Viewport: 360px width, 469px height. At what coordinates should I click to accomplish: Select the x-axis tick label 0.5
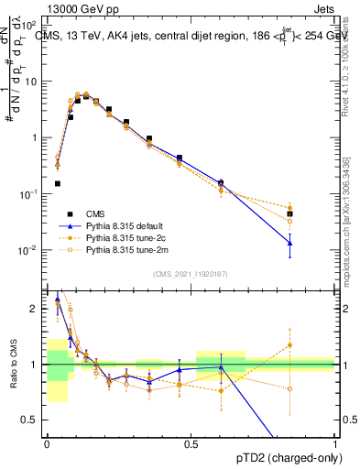click(x=191, y=443)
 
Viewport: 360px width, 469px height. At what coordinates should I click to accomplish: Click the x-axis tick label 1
click(x=335, y=443)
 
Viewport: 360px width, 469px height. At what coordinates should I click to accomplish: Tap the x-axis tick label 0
click(x=47, y=443)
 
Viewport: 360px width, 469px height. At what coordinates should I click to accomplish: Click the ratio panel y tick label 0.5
click(x=31, y=420)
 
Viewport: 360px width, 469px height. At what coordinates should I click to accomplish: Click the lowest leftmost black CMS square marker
click(x=57, y=183)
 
